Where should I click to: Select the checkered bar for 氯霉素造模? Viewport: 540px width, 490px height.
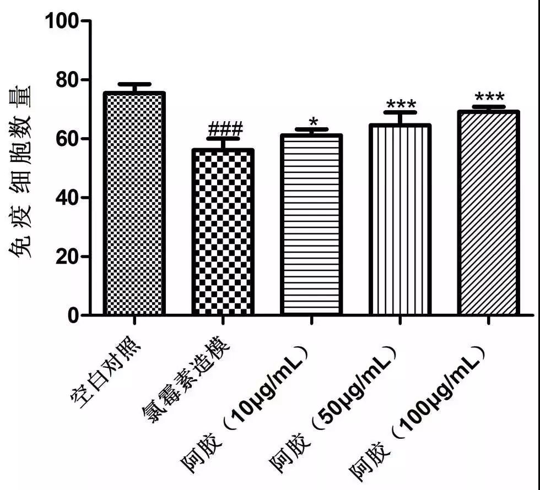click(x=223, y=232)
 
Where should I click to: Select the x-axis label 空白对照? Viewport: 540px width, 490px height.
click(x=107, y=374)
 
